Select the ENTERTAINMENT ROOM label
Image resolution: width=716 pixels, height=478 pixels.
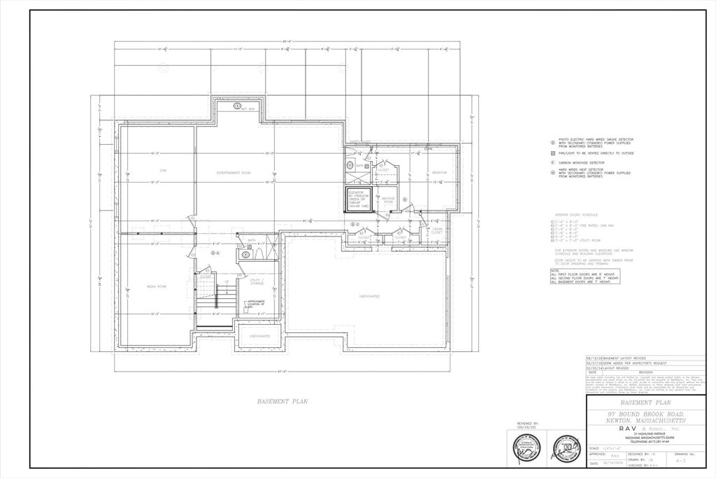pyautogui.click(x=234, y=172)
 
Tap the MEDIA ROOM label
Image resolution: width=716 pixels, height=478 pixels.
pyautogui.click(x=156, y=287)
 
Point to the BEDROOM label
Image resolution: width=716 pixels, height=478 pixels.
pyautogui.click(x=439, y=172)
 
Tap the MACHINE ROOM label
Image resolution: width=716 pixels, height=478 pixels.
pyautogui.click(x=388, y=200)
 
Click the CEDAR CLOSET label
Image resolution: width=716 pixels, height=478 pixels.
pyautogui.click(x=437, y=231)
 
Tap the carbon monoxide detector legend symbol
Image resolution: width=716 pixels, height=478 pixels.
pyautogui.click(x=552, y=162)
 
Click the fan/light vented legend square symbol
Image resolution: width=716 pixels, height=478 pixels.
pyautogui.click(x=552, y=153)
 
